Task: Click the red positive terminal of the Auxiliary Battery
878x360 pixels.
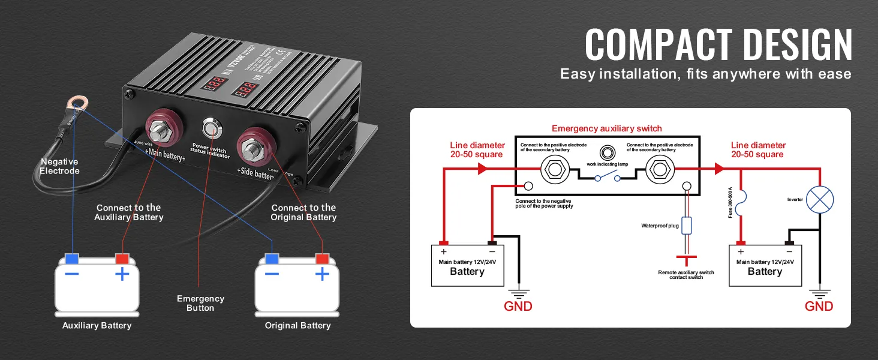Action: point(122,259)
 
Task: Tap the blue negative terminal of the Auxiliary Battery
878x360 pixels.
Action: point(72,259)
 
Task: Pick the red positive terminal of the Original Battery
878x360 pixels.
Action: point(323,259)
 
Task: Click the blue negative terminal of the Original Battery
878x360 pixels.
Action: point(272,259)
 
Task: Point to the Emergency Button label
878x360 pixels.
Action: point(200,303)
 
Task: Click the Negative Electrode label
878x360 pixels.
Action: point(59,166)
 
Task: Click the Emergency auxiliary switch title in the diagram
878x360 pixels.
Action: point(606,128)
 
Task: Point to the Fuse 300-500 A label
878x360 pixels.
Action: point(730,202)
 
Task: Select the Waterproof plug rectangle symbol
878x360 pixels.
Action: point(687,226)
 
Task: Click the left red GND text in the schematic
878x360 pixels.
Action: point(518,306)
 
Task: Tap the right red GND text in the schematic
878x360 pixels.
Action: point(819,306)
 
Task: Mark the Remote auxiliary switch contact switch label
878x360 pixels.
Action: point(686,275)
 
